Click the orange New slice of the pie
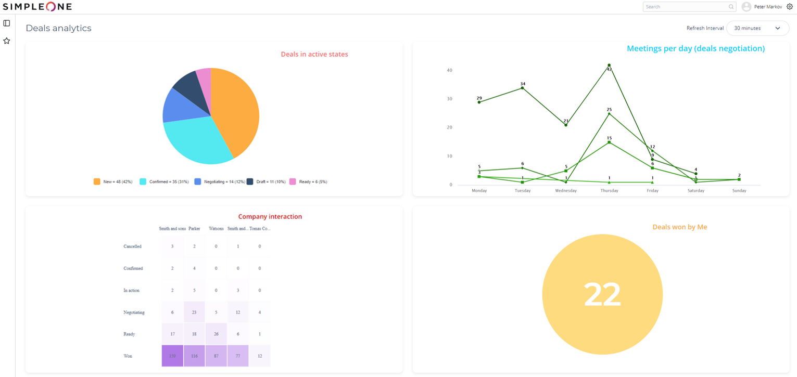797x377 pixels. point(237,109)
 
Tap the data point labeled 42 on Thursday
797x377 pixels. point(609,66)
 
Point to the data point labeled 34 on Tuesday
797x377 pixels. point(522,88)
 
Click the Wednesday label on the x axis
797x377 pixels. point(566,191)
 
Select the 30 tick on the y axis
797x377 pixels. point(449,99)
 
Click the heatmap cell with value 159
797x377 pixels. point(172,356)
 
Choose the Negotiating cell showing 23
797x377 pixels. point(194,312)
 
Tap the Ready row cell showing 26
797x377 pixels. point(216,334)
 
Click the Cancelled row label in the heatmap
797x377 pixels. point(132,246)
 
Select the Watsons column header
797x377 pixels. point(216,228)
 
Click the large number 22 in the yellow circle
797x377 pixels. point(602,294)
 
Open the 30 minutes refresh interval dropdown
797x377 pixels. point(757,28)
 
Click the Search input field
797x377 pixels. point(686,7)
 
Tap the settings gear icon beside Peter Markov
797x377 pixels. point(790,7)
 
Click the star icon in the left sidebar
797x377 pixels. point(7,41)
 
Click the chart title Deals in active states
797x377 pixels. point(314,54)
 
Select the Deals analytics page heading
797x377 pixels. point(58,28)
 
